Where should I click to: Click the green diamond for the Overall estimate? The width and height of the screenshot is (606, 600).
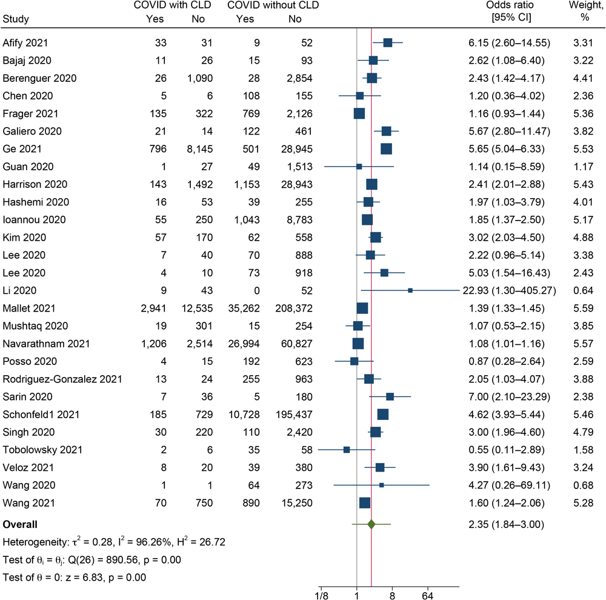point(371,524)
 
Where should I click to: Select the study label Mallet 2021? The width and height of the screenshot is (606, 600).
point(27,308)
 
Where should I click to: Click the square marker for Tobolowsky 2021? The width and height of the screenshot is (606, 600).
point(347,450)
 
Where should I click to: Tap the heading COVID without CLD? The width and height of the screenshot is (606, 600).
point(273,6)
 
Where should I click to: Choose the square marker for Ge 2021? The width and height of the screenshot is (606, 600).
point(386,148)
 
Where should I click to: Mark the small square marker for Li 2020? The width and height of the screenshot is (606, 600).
point(410,290)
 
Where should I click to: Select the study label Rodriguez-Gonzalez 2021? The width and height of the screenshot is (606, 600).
point(62,379)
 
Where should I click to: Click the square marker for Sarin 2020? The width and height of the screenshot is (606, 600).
point(390,396)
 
